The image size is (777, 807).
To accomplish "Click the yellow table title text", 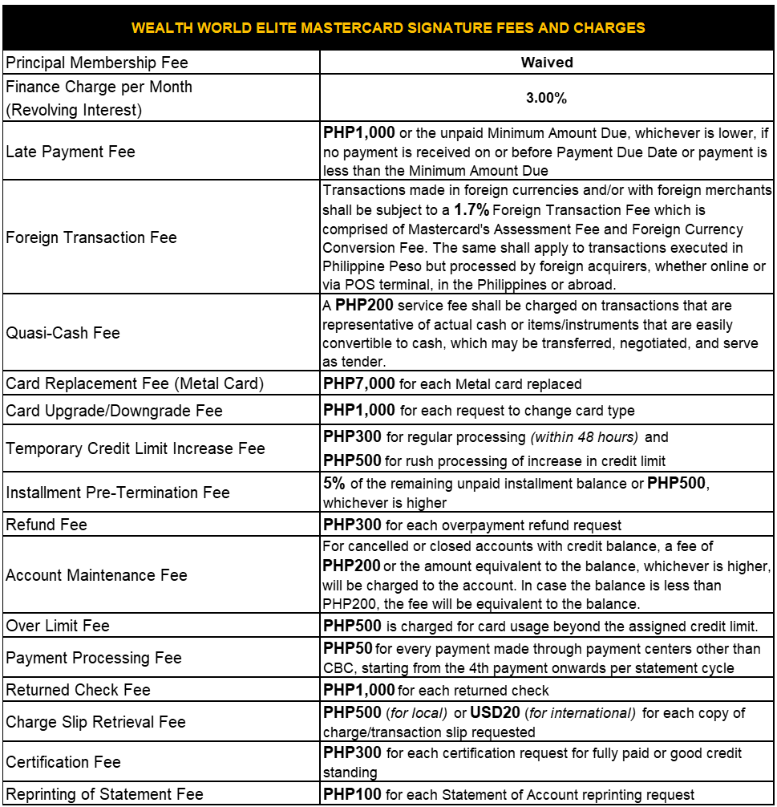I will pyautogui.click(x=388, y=28).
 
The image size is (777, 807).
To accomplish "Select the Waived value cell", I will pyautogui.click(x=547, y=63).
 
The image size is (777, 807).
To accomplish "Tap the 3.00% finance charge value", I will pyautogui.click(x=547, y=98).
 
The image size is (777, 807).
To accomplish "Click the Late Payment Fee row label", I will pyautogui.click(x=71, y=152).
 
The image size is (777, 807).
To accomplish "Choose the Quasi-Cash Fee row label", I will pyautogui.click(x=63, y=333).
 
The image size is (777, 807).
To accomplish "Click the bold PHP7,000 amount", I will pyautogui.click(x=359, y=384).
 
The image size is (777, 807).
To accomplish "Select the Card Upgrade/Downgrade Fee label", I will pyautogui.click(x=114, y=411).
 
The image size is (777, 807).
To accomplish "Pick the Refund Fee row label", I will pyautogui.click(x=47, y=525).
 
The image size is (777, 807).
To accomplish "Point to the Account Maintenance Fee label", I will pyautogui.click(x=96, y=575).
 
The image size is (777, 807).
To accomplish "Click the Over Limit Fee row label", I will pyautogui.click(x=58, y=626).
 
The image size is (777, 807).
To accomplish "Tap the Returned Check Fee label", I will pyautogui.click(x=78, y=690).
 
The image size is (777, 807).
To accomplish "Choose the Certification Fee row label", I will pyautogui.click(x=63, y=762).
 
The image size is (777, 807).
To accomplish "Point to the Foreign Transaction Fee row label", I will pyautogui.click(x=91, y=237).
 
